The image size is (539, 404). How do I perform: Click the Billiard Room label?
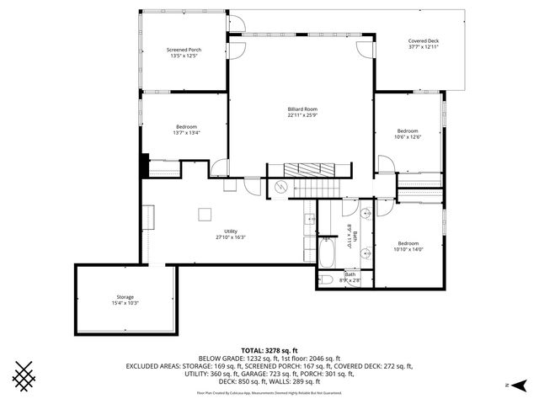(302, 109)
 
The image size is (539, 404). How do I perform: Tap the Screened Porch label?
(184, 50)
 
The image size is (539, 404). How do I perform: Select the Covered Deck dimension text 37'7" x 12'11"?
(423, 47)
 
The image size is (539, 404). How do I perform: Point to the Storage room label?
(125, 297)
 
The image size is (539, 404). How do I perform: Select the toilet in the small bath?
(327, 279)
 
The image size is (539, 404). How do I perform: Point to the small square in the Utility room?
(204, 215)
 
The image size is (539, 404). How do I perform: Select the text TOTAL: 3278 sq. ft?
(269, 350)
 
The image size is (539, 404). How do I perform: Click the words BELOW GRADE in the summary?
(221, 359)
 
